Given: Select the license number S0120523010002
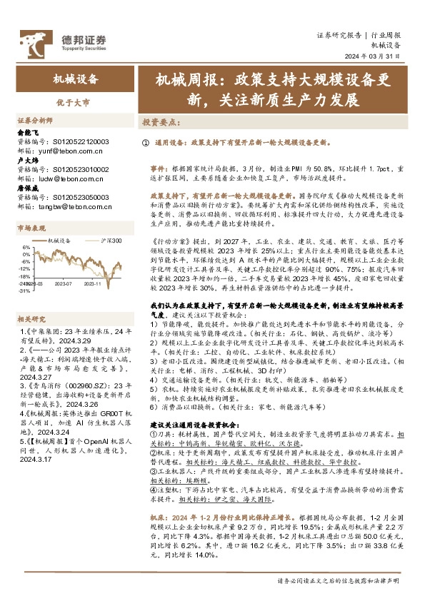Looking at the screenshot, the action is point(82,169).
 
